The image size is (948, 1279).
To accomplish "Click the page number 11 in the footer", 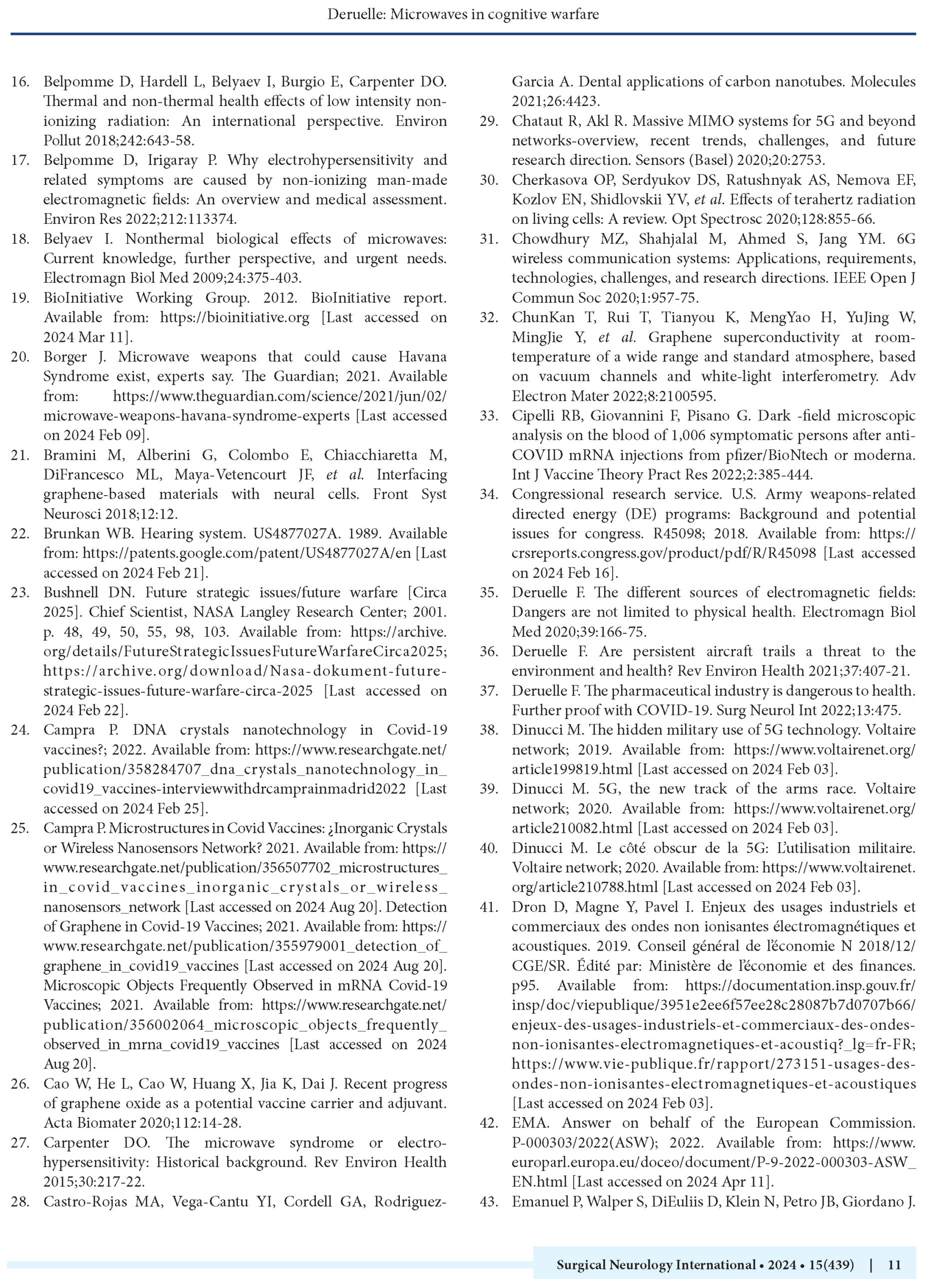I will [x=894, y=1265].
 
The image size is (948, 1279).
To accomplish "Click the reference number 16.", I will [x=20, y=82].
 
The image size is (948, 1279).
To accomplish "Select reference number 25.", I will [x=20, y=828].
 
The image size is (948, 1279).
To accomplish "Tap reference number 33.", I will [x=489, y=416].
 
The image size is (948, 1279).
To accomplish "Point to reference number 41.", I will [x=489, y=907].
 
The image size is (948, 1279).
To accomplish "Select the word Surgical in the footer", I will [x=580, y=1265].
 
